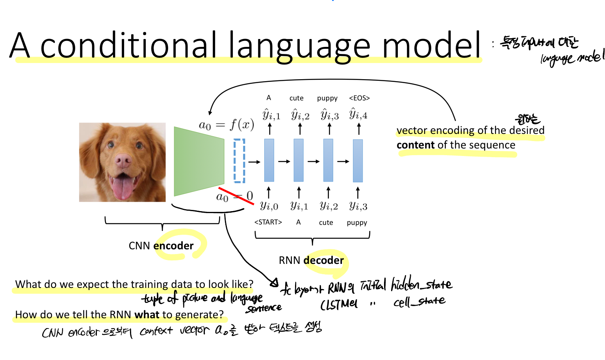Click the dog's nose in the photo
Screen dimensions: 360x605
(123, 160)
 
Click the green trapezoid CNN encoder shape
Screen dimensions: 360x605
(199, 161)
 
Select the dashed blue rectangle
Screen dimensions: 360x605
(239, 161)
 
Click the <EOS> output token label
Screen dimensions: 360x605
(359, 98)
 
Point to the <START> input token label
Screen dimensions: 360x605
(268, 223)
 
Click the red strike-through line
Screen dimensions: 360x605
(236, 196)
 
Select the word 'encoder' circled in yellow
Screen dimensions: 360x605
(173, 246)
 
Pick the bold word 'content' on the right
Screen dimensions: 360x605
(415, 145)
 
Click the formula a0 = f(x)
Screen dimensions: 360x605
(226, 125)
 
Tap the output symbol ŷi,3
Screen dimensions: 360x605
(330, 115)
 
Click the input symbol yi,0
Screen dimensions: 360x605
(269, 206)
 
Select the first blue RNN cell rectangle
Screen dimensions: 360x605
(269, 160)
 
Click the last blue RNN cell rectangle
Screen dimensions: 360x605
(358, 161)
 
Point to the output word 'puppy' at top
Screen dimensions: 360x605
(327, 98)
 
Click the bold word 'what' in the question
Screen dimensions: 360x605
(147, 315)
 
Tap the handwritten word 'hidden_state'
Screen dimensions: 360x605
(421, 284)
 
